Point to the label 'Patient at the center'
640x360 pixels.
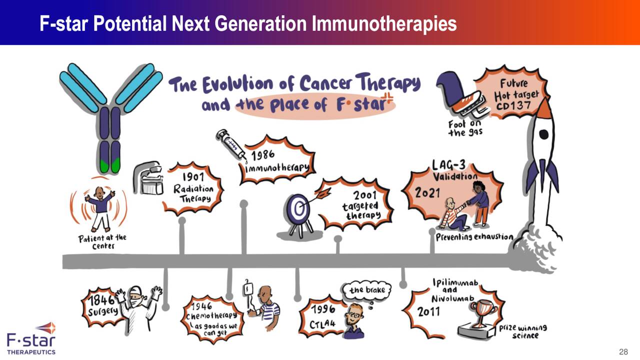(x=102, y=241)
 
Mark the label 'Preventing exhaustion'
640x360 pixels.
(x=474, y=236)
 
